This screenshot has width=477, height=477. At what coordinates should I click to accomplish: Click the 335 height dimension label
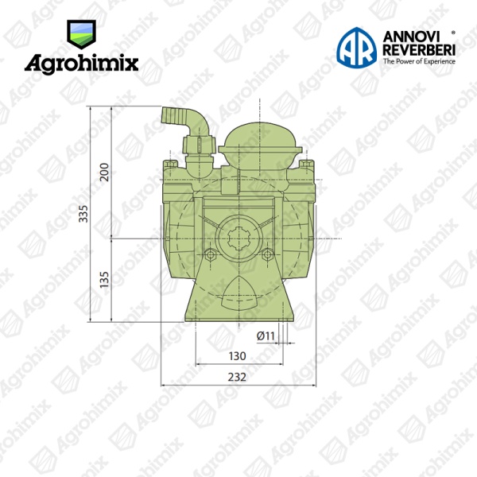(83, 214)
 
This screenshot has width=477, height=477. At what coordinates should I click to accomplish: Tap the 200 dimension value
(104, 173)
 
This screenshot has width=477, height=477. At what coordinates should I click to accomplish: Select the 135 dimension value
(104, 280)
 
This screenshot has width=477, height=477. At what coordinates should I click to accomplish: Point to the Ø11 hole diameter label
(266, 335)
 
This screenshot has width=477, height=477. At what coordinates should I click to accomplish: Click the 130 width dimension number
(237, 356)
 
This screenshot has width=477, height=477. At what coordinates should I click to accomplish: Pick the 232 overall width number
(237, 377)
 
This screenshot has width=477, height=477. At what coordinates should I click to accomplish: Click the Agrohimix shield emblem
(81, 34)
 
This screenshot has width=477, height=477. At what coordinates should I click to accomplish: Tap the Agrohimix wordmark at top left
(81, 64)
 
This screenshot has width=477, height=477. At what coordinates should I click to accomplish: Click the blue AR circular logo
(356, 47)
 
